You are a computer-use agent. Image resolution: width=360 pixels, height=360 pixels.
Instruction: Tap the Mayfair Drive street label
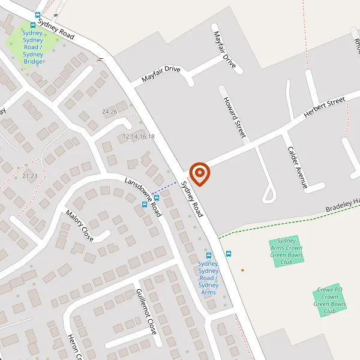tap(161, 74)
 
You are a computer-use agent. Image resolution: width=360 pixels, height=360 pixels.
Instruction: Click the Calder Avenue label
tap(297, 167)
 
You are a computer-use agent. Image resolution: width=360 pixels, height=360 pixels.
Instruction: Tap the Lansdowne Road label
tap(143, 197)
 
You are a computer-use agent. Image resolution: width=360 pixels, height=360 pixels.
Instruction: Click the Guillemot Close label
tap(146, 311)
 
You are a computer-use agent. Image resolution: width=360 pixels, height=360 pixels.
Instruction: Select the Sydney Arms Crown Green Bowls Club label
tap(285, 251)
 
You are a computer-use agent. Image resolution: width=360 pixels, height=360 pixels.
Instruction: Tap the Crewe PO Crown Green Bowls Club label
tap(329, 300)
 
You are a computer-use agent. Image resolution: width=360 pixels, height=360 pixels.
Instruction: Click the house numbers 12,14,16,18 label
tap(139, 137)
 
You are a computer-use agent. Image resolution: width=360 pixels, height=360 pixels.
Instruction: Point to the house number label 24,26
tap(110, 112)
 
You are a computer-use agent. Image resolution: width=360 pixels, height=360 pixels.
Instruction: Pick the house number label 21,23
tap(29, 176)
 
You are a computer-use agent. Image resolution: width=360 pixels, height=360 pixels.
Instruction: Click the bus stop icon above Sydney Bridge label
tap(32, 26)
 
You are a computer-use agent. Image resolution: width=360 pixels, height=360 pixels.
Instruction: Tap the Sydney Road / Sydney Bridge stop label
tap(32, 47)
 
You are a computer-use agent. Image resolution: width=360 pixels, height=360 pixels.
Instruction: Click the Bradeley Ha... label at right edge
tap(343, 205)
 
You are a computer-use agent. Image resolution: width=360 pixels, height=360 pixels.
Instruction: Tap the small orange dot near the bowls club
tap(242, 270)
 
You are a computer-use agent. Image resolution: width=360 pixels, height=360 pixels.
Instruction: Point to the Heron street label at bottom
tap(74, 347)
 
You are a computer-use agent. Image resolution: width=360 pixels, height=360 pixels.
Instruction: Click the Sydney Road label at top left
tap(56, 29)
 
